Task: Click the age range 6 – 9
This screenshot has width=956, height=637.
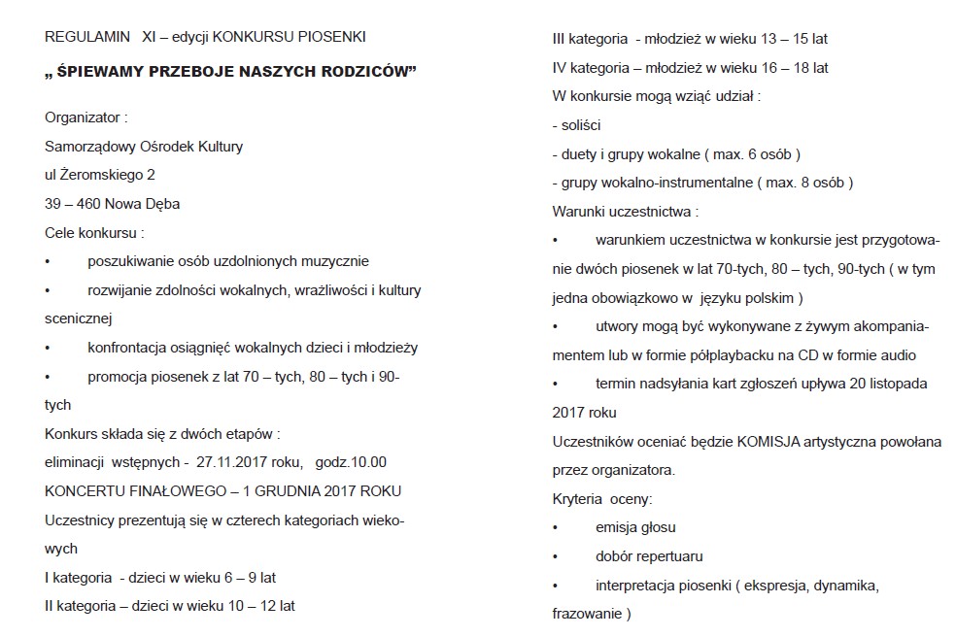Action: coord(234,578)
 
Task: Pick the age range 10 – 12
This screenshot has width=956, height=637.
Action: coord(249,606)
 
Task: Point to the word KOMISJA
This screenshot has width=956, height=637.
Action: coord(768,442)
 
